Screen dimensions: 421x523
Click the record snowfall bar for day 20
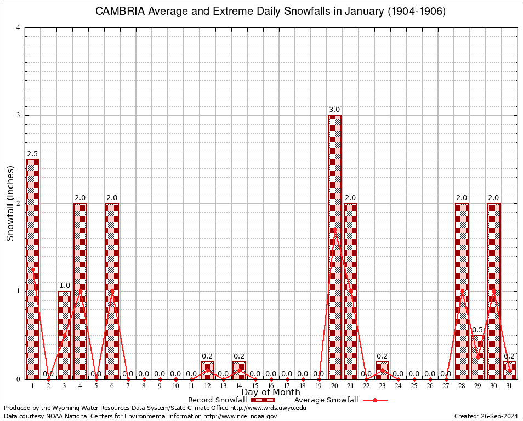[334, 247]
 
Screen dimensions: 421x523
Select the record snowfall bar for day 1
[32, 269]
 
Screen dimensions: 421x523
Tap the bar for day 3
[64, 334]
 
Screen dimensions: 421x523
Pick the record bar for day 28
[462, 291]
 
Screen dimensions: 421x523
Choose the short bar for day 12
[207, 371]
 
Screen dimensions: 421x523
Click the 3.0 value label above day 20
[334, 110]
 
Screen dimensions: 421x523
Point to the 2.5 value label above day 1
[32, 154]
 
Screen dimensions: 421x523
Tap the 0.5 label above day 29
[477, 330]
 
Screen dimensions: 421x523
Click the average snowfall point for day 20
[334, 229]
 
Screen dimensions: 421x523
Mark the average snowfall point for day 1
[32, 269]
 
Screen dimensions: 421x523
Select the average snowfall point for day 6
[112, 291]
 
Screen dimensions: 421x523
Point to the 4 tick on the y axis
[18, 27]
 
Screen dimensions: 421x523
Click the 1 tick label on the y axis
[18, 291]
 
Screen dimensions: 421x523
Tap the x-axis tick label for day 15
[255, 386]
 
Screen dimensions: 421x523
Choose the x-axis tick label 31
[509, 386]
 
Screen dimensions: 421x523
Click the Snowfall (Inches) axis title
[10, 203]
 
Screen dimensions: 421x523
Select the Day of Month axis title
[271, 392]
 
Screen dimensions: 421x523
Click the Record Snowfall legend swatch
[263, 400]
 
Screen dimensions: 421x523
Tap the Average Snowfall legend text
[326, 400]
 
